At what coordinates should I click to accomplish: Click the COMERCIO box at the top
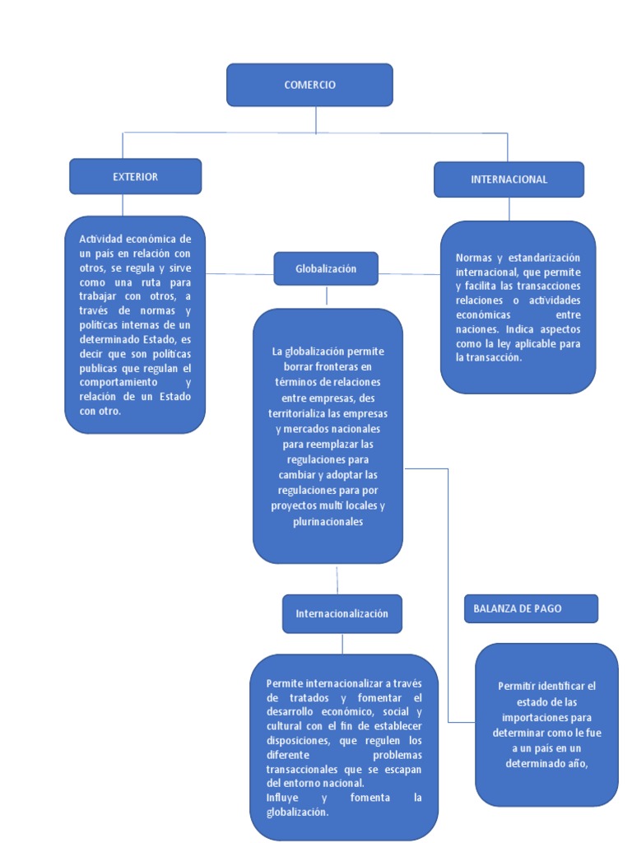coord(309,85)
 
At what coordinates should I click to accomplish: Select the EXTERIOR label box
coord(135,176)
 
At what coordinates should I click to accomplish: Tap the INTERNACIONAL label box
coord(509,179)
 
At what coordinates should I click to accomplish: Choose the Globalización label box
coord(326,269)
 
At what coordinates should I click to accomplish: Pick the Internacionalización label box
coord(342,614)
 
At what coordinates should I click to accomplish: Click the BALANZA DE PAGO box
coord(531,608)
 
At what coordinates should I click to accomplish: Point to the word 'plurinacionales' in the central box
coord(328,522)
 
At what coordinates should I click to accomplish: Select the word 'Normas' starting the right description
coord(472,258)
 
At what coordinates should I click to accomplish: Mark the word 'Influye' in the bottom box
coord(283,798)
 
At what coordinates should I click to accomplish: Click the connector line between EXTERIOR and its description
coord(123,205)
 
